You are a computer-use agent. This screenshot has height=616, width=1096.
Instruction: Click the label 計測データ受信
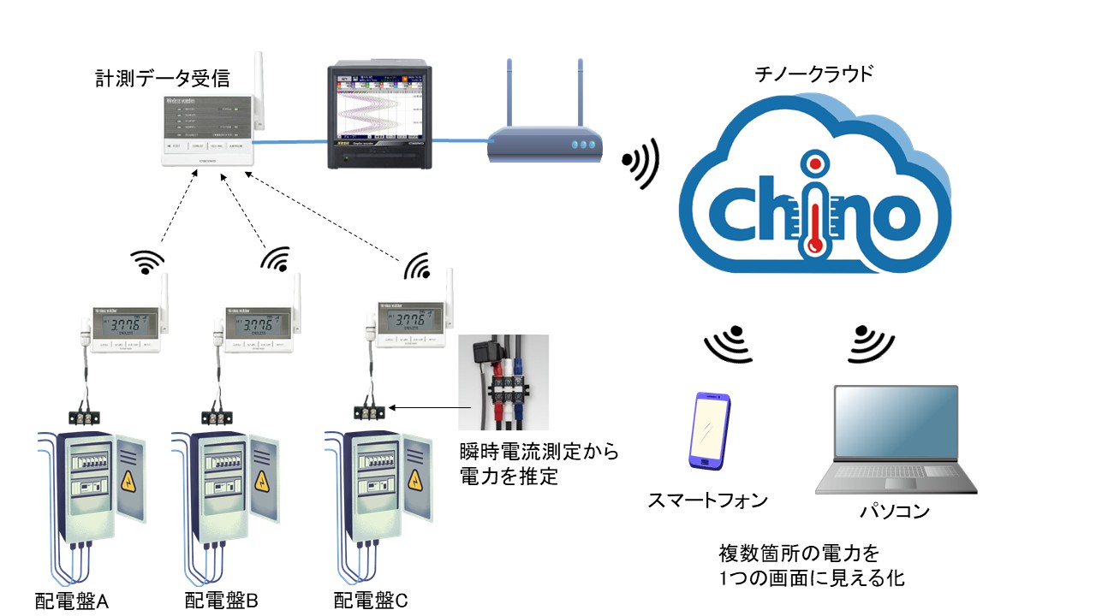pyautogui.click(x=163, y=79)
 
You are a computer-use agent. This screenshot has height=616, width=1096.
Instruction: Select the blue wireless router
pyautogui.click(x=543, y=145)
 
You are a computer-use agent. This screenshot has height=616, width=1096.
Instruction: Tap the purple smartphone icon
pyautogui.click(x=710, y=432)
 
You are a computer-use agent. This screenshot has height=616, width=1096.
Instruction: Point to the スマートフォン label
pyautogui.click(x=707, y=500)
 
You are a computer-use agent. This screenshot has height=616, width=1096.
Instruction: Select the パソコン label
pyautogui.click(x=895, y=512)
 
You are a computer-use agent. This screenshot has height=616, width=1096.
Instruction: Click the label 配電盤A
pyautogui.click(x=72, y=601)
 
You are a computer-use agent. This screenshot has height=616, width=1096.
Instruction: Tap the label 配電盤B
pyautogui.click(x=222, y=601)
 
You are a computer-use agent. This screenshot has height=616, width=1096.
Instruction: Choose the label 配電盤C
pyautogui.click(x=371, y=601)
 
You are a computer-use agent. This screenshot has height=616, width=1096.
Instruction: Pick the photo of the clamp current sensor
pyautogui.click(x=503, y=382)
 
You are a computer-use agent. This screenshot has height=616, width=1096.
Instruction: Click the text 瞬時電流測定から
pyautogui.click(x=539, y=452)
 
